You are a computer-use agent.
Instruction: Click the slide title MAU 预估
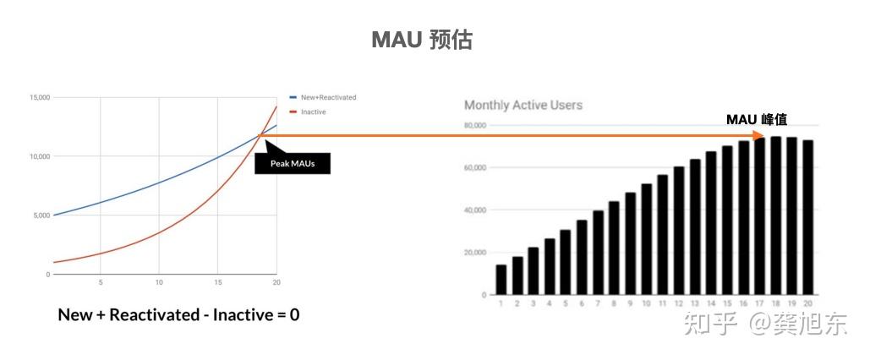click(x=422, y=40)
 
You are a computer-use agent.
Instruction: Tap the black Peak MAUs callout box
click(x=293, y=163)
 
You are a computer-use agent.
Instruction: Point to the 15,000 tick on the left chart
click(x=39, y=97)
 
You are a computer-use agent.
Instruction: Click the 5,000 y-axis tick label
click(x=41, y=215)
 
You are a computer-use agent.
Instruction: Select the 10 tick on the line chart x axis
click(x=159, y=282)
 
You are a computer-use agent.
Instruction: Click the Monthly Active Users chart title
click(x=523, y=105)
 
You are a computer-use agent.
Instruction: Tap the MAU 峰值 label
click(x=757, y=120)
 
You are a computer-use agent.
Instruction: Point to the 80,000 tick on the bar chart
click(x=473, y=125)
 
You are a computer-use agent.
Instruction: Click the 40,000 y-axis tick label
click(x=473, y=210)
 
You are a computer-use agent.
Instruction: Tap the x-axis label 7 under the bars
click(x=599, y=303)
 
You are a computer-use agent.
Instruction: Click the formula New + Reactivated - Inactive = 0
click(x=178, y=315)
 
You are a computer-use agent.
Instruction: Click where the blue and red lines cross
click(x=260, y=134)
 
